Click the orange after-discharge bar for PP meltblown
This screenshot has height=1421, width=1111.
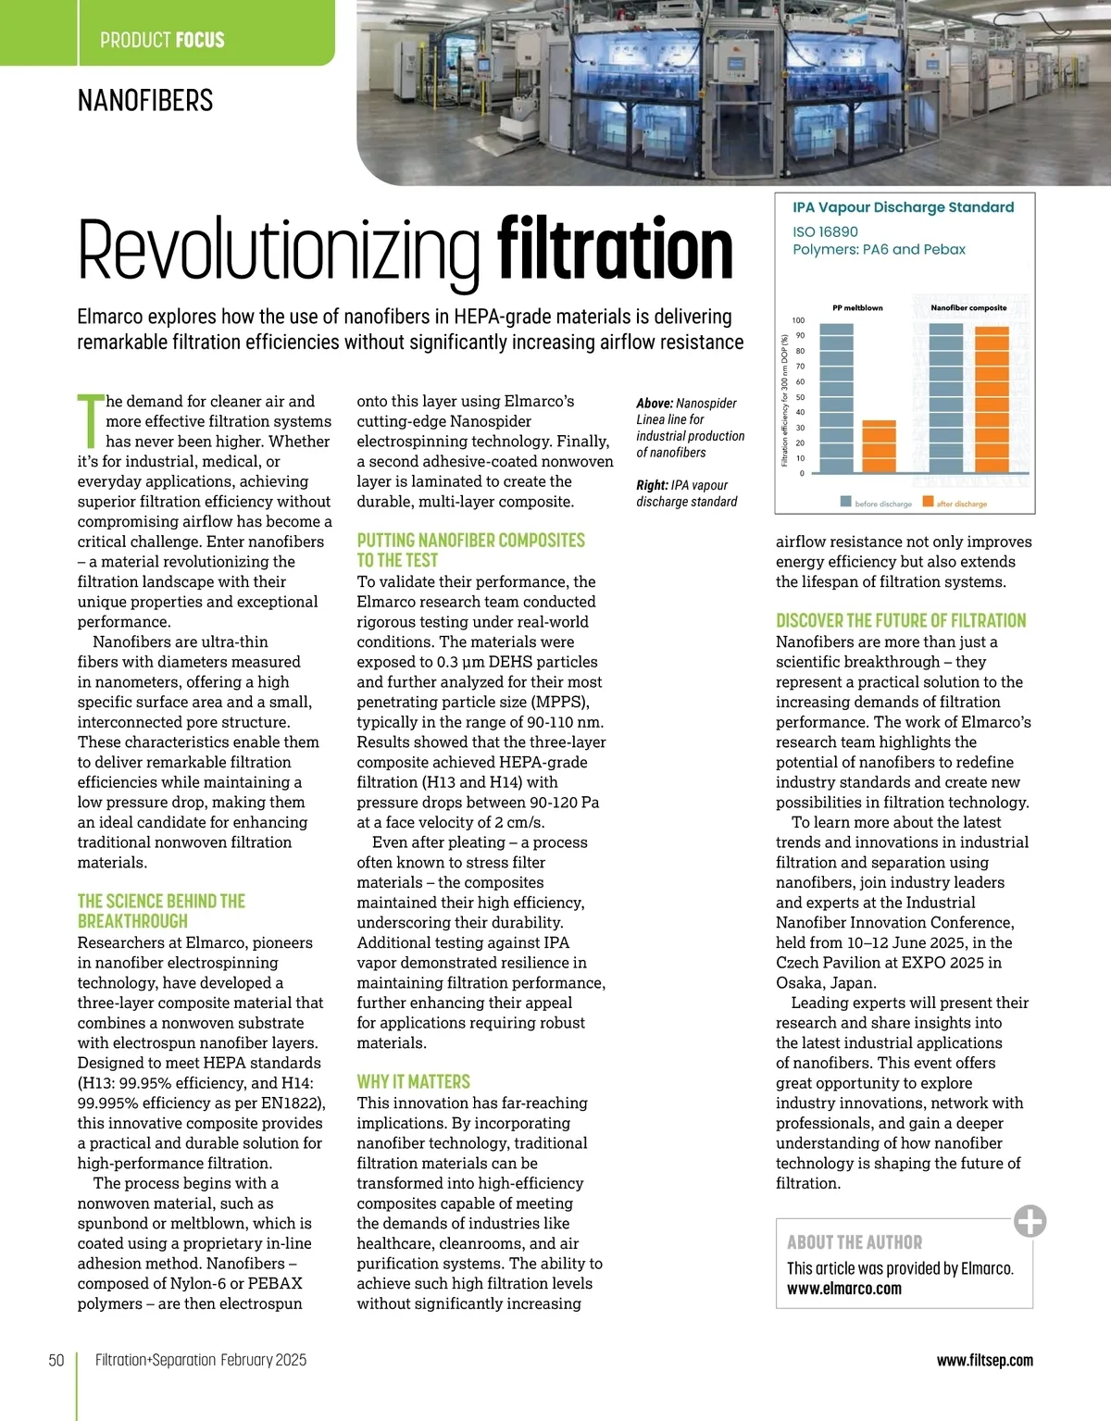click(x=879, y=447)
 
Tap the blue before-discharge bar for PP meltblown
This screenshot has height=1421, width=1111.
click(x=836, y=398)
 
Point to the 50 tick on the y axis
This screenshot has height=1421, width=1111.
click(x=800, y=397)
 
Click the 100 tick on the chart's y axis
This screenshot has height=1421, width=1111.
click(x=798, y=320)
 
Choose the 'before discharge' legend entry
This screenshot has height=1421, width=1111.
click(x=876, y=504)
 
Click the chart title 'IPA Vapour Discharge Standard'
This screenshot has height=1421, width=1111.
click(x=903, y=207)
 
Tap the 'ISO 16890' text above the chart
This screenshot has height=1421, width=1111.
click(x=825, y=231)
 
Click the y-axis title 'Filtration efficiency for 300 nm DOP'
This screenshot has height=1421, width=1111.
click(x=784, y=400)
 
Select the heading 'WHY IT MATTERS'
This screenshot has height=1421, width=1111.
click(x=413, y=1081)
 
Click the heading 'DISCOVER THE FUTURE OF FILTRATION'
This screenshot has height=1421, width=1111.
click(x=901, y=620)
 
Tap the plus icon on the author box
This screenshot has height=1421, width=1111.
click(x=1030, y=1221)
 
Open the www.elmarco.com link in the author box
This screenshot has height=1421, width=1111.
click(x=843, y=1289)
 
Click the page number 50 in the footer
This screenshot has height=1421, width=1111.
click(x=56, y=1360)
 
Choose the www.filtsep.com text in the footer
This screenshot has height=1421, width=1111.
click(x=984, y=1360)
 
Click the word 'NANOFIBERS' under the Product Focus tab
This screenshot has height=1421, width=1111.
click(x=145, y=100)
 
